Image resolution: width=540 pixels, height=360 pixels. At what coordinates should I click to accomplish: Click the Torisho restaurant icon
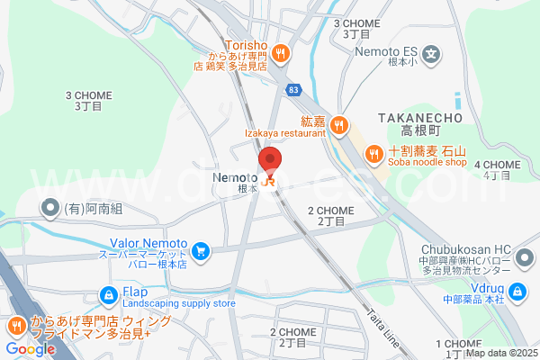click(x=281, y=52)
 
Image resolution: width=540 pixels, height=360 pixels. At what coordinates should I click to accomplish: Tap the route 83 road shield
click(x=294, y=90)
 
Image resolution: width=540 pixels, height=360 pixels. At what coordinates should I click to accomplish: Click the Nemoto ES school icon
click(x=434, y=52)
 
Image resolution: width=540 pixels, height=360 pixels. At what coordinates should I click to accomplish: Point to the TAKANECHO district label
click(x=419, y=118)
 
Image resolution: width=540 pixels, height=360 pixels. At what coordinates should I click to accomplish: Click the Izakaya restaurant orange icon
click(x=337, y=125)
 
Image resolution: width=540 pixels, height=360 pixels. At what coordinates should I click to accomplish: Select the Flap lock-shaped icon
click(x=108, y=294)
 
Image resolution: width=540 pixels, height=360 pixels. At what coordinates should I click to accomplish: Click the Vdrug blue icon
click(x=518, y=291)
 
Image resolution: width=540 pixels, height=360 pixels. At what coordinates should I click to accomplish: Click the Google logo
click(x=30, y=348)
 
